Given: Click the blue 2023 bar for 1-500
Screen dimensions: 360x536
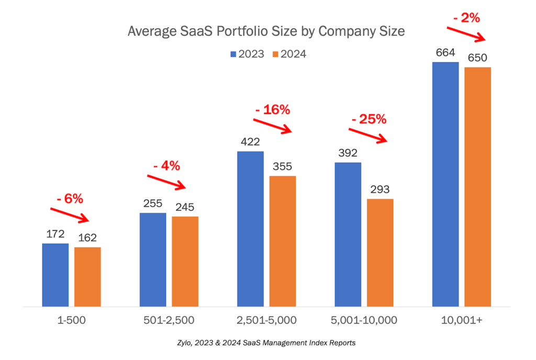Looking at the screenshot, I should click(55, 275).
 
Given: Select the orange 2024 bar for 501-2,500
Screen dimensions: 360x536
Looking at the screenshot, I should click(185, 261).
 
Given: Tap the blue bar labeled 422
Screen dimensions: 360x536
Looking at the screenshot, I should click(250, 229).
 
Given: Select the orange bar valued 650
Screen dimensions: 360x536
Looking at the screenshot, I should click(477, 186).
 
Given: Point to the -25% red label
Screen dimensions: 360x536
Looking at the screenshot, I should click(369, 119).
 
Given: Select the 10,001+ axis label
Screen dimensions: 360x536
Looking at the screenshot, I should click(461, 320).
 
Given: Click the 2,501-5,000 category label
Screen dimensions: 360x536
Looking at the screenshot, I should click(266, 320).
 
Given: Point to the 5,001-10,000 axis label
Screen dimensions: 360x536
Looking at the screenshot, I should click(363, 320).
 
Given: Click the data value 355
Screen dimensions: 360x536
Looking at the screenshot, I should click(283, 166).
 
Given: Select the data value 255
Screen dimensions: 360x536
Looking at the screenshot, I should click(152, 203).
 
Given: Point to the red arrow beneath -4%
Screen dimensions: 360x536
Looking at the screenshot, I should click(166, 182).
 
